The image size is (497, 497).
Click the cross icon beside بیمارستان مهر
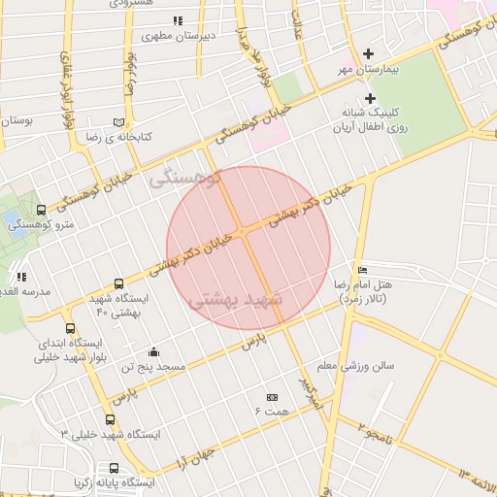point(368,54)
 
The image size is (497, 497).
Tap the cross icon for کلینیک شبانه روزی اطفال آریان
point(370,98)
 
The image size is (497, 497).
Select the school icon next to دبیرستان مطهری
point(177,20)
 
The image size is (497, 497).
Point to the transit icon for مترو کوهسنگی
point(41,209)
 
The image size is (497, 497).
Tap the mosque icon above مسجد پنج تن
point(153,351)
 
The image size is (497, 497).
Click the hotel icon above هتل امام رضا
point(362,270)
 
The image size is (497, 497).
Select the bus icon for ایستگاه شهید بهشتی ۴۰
point(118,284)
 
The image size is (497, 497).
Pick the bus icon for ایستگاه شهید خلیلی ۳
point(110,420)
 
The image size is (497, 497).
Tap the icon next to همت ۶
point(272,397)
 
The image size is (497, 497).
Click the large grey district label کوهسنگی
point(186,179)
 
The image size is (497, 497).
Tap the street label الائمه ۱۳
point(478,478)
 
